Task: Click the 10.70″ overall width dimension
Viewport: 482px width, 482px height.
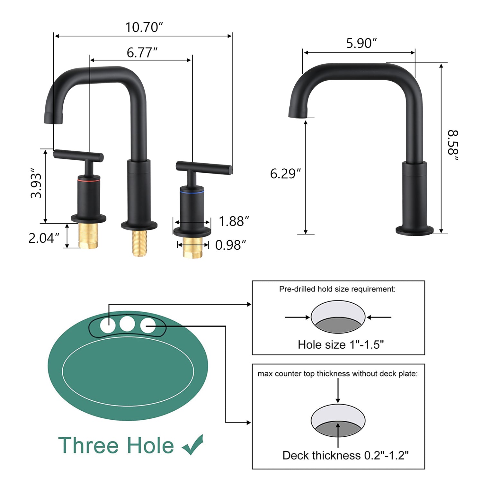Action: coord(144,27)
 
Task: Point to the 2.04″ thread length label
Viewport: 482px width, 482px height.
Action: coord(44,238)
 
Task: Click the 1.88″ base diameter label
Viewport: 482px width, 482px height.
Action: coord(234,221)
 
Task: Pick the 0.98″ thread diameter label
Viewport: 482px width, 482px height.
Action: coord(230,245)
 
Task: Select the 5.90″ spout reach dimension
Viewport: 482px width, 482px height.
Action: coord(361,43)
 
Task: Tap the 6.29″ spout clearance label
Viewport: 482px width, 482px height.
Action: coord(285,174)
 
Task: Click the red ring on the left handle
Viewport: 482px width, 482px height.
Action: coord(88,182)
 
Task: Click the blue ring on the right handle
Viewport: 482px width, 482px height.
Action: coord(192,192)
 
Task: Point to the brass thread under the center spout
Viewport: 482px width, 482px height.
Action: coord(140,243)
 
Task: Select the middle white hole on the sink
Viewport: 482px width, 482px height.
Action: coord(127,324)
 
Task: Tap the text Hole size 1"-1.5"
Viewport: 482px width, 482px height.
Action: coord(341,345)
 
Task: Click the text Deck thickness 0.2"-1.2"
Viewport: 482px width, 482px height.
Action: coord(345,455)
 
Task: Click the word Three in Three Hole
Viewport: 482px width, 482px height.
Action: coord(88,445)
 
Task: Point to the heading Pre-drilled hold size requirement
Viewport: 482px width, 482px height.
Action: coord(337,289)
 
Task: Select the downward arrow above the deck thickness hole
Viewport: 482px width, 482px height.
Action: coord(338,390)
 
